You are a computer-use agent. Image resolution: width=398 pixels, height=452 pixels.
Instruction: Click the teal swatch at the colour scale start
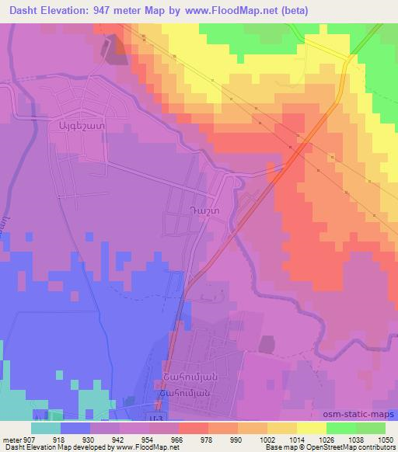click(x=46, y=428)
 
